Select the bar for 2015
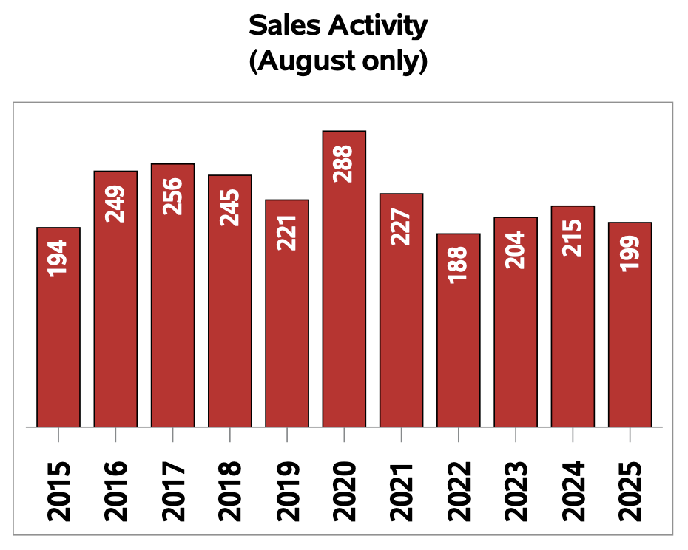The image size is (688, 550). (x=58, y=333)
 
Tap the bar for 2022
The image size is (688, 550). (x=459, y=333)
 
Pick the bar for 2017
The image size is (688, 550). (x=172, y=296)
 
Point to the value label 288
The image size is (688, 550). (x=344, y=163)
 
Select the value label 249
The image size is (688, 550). (x=115, y=203)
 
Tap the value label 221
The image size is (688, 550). (x=287, y=232)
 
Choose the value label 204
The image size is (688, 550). (x=516, y=249)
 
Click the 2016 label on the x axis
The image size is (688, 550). (x=115, y=491)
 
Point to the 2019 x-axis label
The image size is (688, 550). (x=287, y=491)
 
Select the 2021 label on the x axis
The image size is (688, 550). (x=402, y=491)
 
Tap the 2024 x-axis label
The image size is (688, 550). (x=573, y=491)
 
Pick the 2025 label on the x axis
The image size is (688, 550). (x=630, y=491)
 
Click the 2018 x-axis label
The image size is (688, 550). (x=230, y=491)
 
